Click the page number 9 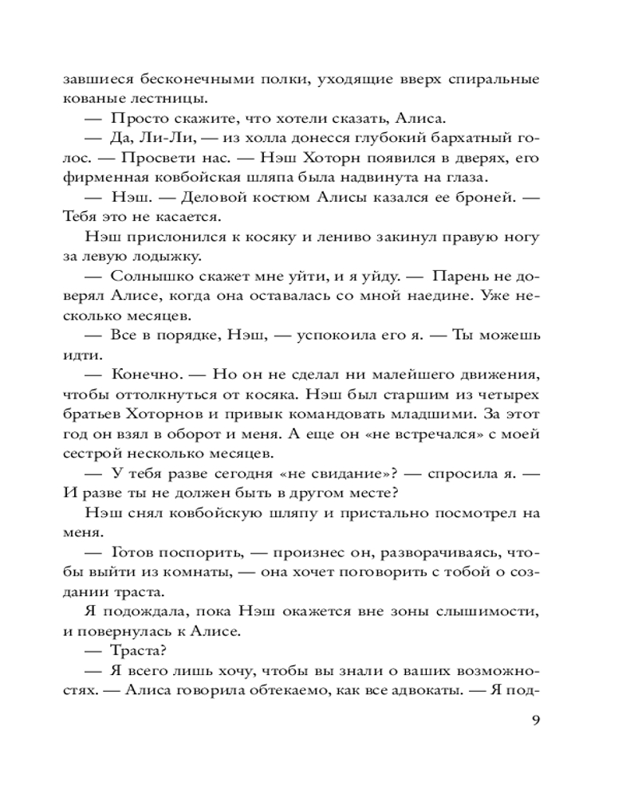[x=536, y=721]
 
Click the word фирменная [x=102, y=177]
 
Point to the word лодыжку [x=164, y=256]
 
